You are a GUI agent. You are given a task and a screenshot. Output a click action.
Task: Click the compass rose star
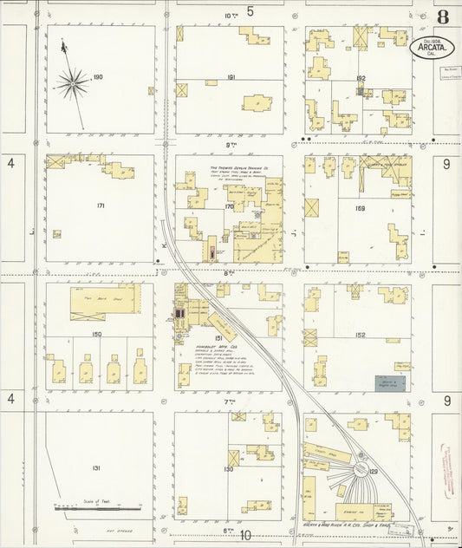[72, 83]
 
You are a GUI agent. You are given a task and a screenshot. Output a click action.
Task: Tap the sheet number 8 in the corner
[442, 16]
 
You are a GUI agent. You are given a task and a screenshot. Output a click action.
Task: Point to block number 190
[98, 78]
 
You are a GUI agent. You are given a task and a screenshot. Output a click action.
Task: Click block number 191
[231, 78]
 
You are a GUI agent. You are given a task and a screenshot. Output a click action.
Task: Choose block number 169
[360, 209]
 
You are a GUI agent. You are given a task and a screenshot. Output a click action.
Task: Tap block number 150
[97, 334]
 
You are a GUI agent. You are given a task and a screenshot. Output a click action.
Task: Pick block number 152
[360, 334]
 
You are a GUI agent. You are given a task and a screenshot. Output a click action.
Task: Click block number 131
[96, 468]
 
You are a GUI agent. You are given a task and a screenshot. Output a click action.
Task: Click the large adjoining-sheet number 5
[250, 11]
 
